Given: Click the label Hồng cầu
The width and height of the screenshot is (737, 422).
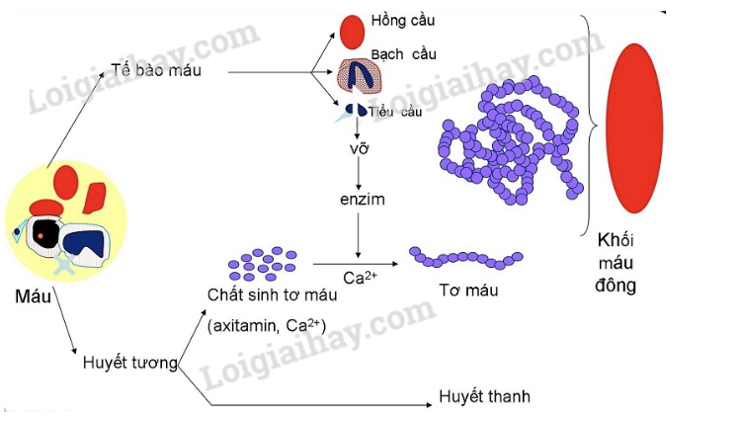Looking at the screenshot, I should [402, 20].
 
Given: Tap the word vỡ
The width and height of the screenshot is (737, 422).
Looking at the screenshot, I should [359, 151].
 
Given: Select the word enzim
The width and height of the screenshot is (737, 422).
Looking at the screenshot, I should [358, 201].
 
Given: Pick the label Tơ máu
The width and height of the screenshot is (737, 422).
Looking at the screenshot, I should [468, 292].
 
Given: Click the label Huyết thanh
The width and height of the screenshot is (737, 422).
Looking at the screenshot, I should [485, 396].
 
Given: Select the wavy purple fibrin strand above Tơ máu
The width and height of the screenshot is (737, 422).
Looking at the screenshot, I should [465, 259].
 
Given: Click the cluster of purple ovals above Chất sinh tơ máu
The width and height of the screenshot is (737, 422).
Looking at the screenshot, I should [262, 264].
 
